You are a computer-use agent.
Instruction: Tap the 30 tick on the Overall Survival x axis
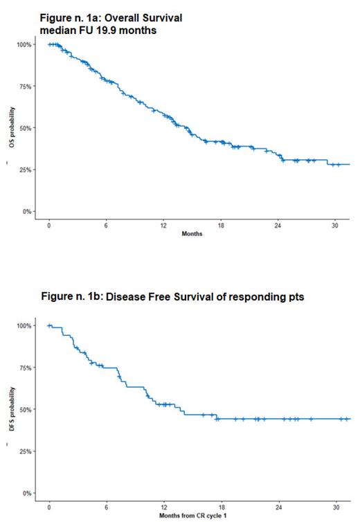pyautogui.click(x=335, y=226)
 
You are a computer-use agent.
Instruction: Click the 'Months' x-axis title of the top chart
pyautogui.click(x=192, y=234)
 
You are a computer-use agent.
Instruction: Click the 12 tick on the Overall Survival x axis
pyautogui.click(x=163, y=226)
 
